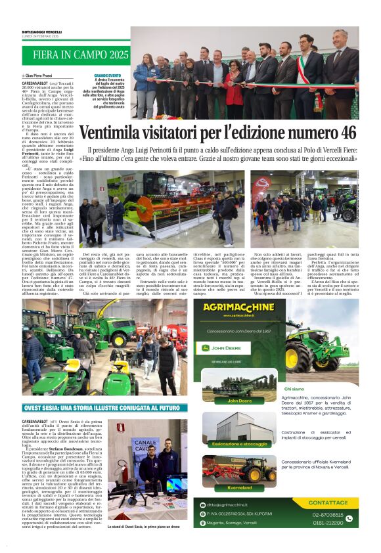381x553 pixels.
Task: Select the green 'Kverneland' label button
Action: (x=239, y=488)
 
